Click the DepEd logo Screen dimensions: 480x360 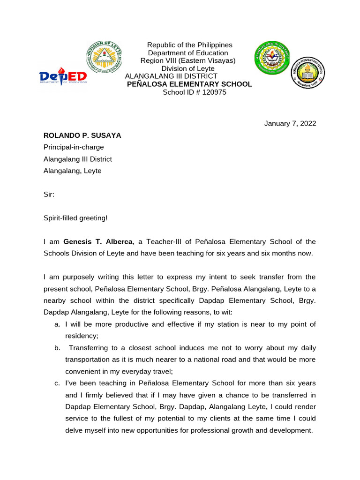(63, 77)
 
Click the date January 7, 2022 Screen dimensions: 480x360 (290, 124)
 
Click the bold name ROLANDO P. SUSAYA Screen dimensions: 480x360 (82, 135)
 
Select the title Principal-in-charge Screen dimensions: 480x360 (74, 147)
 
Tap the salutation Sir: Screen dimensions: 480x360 (49, 194)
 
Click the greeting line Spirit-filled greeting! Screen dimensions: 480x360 (75, 218)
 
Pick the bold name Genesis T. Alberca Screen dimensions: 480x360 (98, 242)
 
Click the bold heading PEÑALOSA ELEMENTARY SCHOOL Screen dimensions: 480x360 (190, 84)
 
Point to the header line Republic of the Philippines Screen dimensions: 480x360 (190, 45)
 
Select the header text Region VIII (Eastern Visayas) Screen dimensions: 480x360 (188, 61)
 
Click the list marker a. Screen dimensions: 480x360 (57, 324)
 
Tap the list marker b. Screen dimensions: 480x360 (57, 348)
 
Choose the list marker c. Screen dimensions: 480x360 (57, 383)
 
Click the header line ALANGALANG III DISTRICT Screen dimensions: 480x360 (171, 76)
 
